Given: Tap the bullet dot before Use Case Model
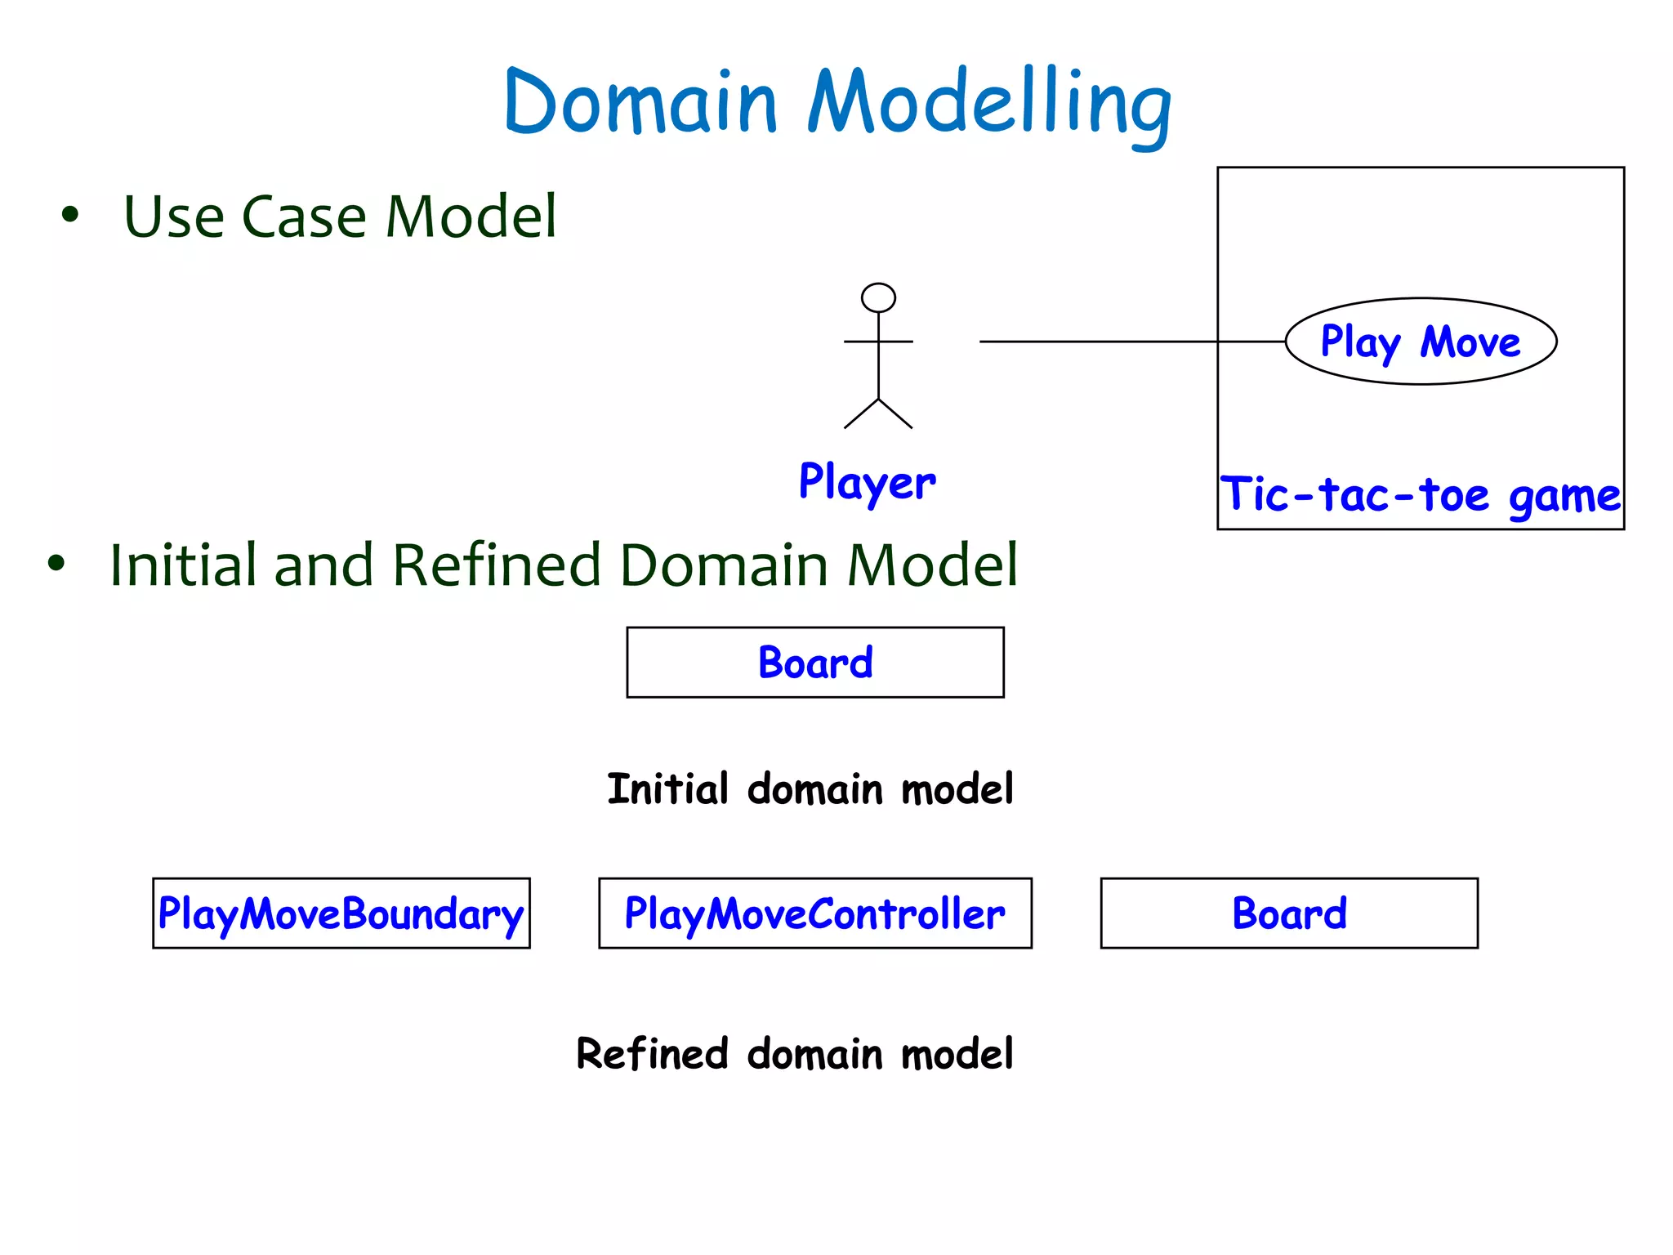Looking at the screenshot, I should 70,215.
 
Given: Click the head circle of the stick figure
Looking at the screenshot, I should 878,297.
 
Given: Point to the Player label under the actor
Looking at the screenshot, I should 867,482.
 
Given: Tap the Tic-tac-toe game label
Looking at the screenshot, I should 1420,495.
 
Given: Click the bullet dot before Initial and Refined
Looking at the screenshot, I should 56,563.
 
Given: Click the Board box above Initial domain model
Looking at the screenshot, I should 814,662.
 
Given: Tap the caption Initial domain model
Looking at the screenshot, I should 810,789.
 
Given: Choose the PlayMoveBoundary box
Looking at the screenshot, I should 341,913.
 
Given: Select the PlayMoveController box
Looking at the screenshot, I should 814,913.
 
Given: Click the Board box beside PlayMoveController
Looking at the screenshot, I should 1289,913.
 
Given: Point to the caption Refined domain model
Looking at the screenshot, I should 794,1053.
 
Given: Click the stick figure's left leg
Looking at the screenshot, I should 861,413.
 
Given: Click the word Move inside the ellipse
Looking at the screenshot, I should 1470,342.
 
